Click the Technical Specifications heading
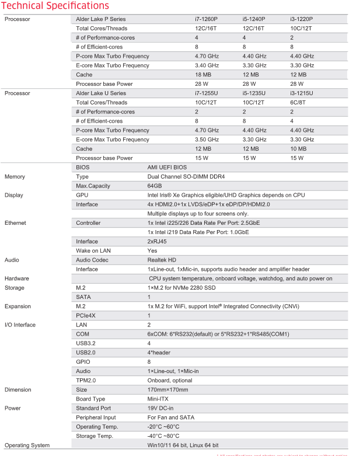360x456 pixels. coord(55,6)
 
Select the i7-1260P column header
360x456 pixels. coord(207,19)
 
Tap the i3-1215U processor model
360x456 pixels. coord(301,93)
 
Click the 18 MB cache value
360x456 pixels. coord(202,75)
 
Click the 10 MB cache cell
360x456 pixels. coord(298,149)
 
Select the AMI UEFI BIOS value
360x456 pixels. coord(167,168)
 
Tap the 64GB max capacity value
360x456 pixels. coord(155,186)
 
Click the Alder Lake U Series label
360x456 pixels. coord(100,93)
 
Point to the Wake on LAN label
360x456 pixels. coord(94,250)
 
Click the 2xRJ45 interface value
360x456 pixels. coord(156,241)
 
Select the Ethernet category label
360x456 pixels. coord(15,223)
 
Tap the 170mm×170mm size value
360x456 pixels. coord(167,389)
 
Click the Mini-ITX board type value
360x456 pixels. coord(158,399)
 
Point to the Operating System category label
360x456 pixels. coord(27,445)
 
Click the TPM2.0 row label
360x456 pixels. coord(86,380)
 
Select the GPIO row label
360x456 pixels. coord(83,361)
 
